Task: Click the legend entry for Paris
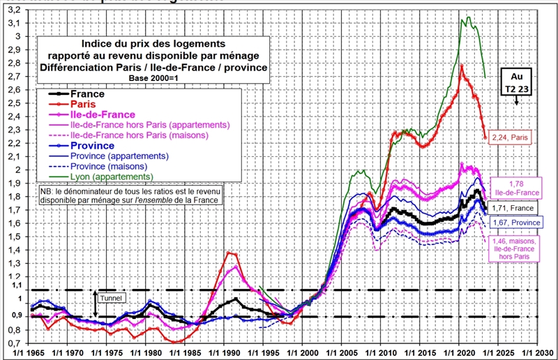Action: coord(84,104)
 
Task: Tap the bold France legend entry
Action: coord(86,93)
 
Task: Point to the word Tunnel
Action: coord(111,299)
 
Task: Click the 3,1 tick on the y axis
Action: coord(14,23)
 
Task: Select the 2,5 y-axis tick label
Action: coord(14,103)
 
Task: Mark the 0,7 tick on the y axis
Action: coord(14,343)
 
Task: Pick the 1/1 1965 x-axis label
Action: coord(27,352)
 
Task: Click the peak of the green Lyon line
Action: coord(468,17)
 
